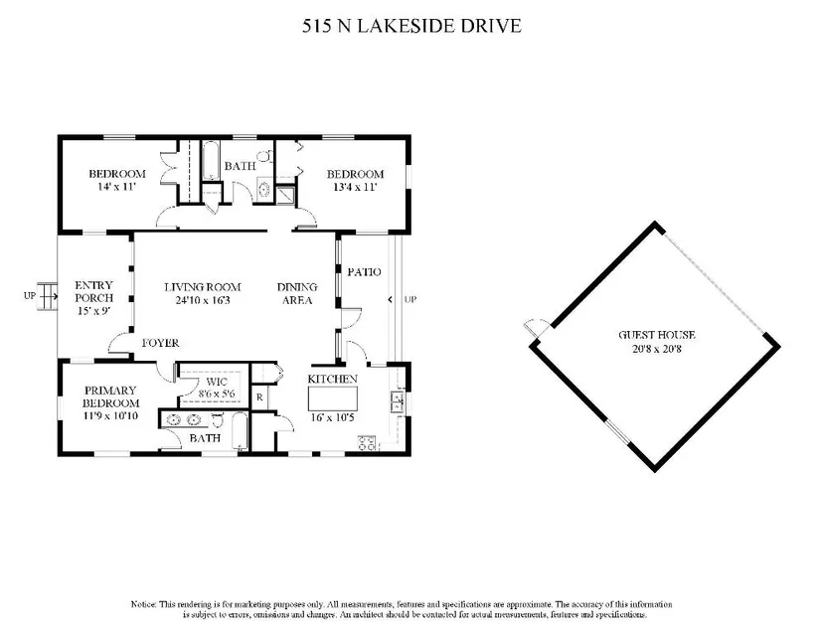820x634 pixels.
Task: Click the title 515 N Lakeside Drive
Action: click(x=411, y=26)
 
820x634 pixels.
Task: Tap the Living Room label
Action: click(x=203, y=287)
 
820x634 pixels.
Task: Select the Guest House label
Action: click(x=657, y=335)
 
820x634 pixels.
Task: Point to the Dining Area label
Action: click(x=297, y=294)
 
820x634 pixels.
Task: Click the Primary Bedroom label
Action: click(x=110, y=396)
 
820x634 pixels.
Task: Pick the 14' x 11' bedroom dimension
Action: click(x=117, y=187)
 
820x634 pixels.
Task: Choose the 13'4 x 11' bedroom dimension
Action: click(x=355, y=187)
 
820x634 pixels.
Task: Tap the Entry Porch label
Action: click(x=94, y=291)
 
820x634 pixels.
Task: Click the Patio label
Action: click(x=364, y=272)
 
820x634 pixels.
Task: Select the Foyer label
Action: click(x=161, y=343)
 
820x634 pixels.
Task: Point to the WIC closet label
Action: click(x=217, y=382)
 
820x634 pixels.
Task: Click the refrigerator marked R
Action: click(x=259, y=397)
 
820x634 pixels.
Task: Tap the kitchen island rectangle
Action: click(x=333, y=398)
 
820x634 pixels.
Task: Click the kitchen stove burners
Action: click(x=368, y=443)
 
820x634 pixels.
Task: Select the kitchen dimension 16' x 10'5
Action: click(x=333, y=417)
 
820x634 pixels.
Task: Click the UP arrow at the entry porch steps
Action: click(x=48, y=296)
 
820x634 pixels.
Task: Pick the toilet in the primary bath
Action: click(x=219, y=419)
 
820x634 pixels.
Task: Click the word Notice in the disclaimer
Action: click(x=143, y=604)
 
